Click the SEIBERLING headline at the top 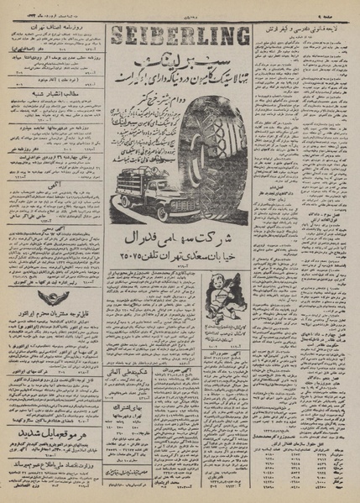(x=177, y=36)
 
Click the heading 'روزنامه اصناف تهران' (x=53, y=28)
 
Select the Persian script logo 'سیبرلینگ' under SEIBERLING (x=177, y=64)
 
